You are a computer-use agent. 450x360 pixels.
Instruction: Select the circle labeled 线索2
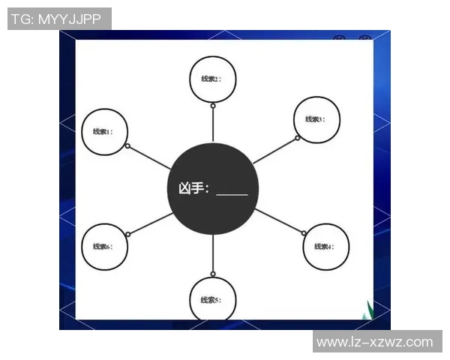(x=212, y=79)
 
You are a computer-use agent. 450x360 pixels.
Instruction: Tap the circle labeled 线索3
(x=316, y=118)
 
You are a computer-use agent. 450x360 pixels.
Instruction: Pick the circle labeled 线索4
(x=325, y=246)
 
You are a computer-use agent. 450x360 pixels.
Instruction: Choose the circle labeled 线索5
(x=212, y=299)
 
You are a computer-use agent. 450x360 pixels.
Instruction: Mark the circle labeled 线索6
(x=104, y=246)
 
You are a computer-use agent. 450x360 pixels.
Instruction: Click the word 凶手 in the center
(x=190, y=187)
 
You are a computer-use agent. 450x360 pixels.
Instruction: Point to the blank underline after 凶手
(x=232, y=193)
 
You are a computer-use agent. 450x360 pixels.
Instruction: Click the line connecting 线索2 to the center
(x=213, y=124)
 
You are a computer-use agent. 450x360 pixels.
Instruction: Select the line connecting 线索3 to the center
(x=274, y=151)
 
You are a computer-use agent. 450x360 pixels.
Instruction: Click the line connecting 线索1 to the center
(x=150, y=157)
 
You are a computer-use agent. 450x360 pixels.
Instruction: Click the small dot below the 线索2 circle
(x=213, y=106)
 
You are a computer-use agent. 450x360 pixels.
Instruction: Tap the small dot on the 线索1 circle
(x=128, y=145)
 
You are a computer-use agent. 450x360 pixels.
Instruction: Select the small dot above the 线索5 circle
(x=213, y=274)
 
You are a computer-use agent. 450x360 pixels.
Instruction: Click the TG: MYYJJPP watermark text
(x=59, y=19)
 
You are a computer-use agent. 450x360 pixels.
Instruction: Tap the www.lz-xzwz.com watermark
(x=374, y=342)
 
